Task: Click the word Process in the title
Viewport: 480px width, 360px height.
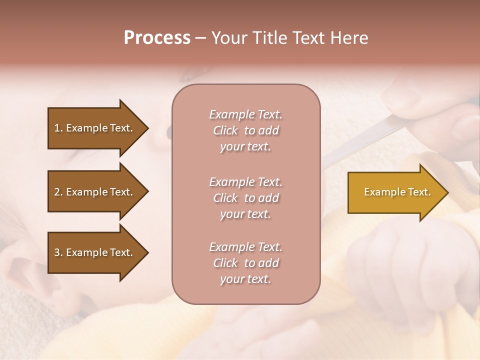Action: pos(157,38)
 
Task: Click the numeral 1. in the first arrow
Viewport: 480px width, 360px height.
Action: pos(58,128)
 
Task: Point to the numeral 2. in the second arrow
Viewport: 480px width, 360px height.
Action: pos(58,192)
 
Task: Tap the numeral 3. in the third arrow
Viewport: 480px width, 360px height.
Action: pos(58,252)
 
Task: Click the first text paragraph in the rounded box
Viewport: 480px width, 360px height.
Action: pos(245,130)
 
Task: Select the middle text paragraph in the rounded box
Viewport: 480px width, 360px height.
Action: pos(245,197)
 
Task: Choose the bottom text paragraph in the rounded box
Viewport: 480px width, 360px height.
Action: pos(245,263)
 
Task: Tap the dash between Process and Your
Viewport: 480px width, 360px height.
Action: pos(200,38)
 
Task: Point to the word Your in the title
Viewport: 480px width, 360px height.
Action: pos(229,38)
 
